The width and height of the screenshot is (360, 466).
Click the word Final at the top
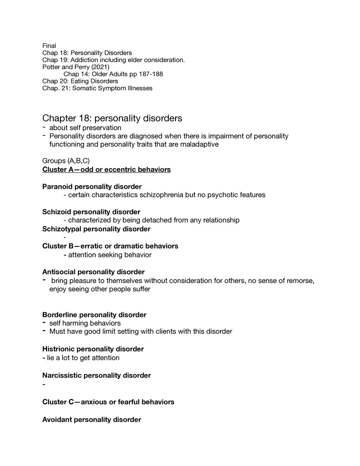pyautogui.click(x=49, y=46)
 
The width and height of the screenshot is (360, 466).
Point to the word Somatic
pyautogui.click(x=85, y=88)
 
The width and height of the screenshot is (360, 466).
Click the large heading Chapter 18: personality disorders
pyautogui.click(x=112, y=118)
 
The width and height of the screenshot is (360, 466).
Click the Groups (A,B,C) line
pyautogui.click(x=66, y=161)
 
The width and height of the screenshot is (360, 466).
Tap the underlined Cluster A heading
pyautogui.click(x=106, y=169)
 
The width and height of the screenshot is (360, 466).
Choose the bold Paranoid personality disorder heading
pyautogui.click(x=92, y=187)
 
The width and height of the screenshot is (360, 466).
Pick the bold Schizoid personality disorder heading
pyautogui.click(x=91, y=212)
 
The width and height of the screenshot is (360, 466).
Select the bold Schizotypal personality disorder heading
pyautogui.click(x=96, y=229)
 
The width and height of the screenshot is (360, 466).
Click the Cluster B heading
pyautogui.click(x=110, y=246)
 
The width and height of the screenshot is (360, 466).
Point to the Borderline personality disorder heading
pyautogui.click(x=94, y=315)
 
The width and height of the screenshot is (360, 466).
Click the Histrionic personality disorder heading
pyautogui.click(x=93, y=349)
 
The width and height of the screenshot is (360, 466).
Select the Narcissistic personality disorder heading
pyautogui.click(x=97, y=376)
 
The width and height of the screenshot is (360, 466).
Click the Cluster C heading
pyautogui.click(x=108, y=402)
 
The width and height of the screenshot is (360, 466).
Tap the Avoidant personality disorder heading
pyautogui.click(x=92, y=420)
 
